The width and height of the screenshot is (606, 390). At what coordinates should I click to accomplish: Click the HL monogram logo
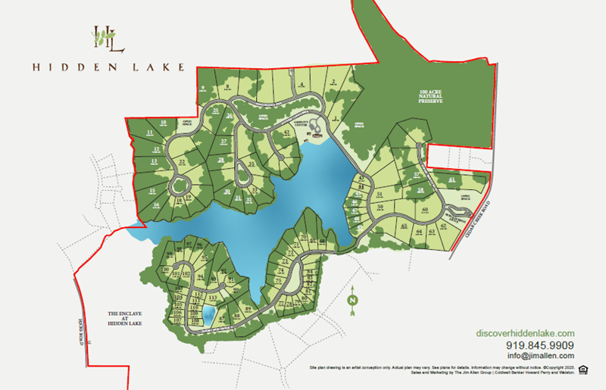point(108,39)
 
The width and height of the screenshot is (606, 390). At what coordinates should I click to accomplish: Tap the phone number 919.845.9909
point(539,345)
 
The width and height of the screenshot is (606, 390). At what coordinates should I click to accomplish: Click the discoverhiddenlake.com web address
point(526,333)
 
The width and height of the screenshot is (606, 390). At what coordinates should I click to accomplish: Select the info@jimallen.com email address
point(540,356)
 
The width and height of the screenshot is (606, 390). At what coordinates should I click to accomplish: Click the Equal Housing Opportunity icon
point(583,370)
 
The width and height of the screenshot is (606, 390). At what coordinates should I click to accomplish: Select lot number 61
point(451,180)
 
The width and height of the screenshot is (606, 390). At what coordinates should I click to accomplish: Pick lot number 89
point(248,309)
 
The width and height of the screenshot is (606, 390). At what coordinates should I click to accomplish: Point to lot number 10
point(162,123)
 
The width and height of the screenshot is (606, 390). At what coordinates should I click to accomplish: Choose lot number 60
point(425,210)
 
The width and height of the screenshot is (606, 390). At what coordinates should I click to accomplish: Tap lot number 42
point(286,133)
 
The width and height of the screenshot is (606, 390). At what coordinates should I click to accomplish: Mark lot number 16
point(156,204)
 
